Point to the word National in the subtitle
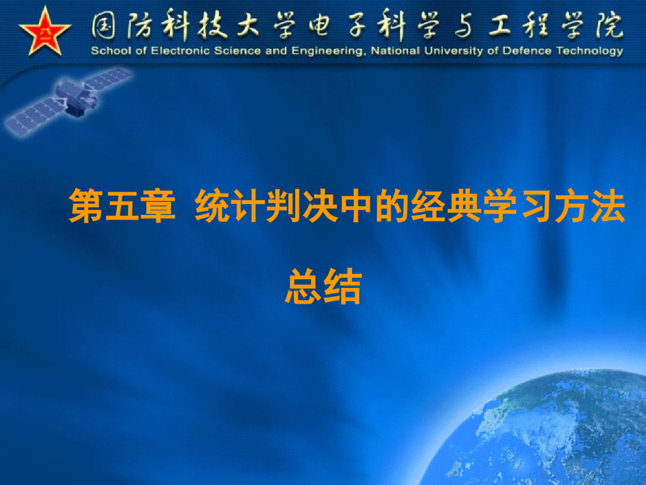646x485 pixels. tap(394, 51)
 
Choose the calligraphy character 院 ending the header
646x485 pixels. tap(607, 27)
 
